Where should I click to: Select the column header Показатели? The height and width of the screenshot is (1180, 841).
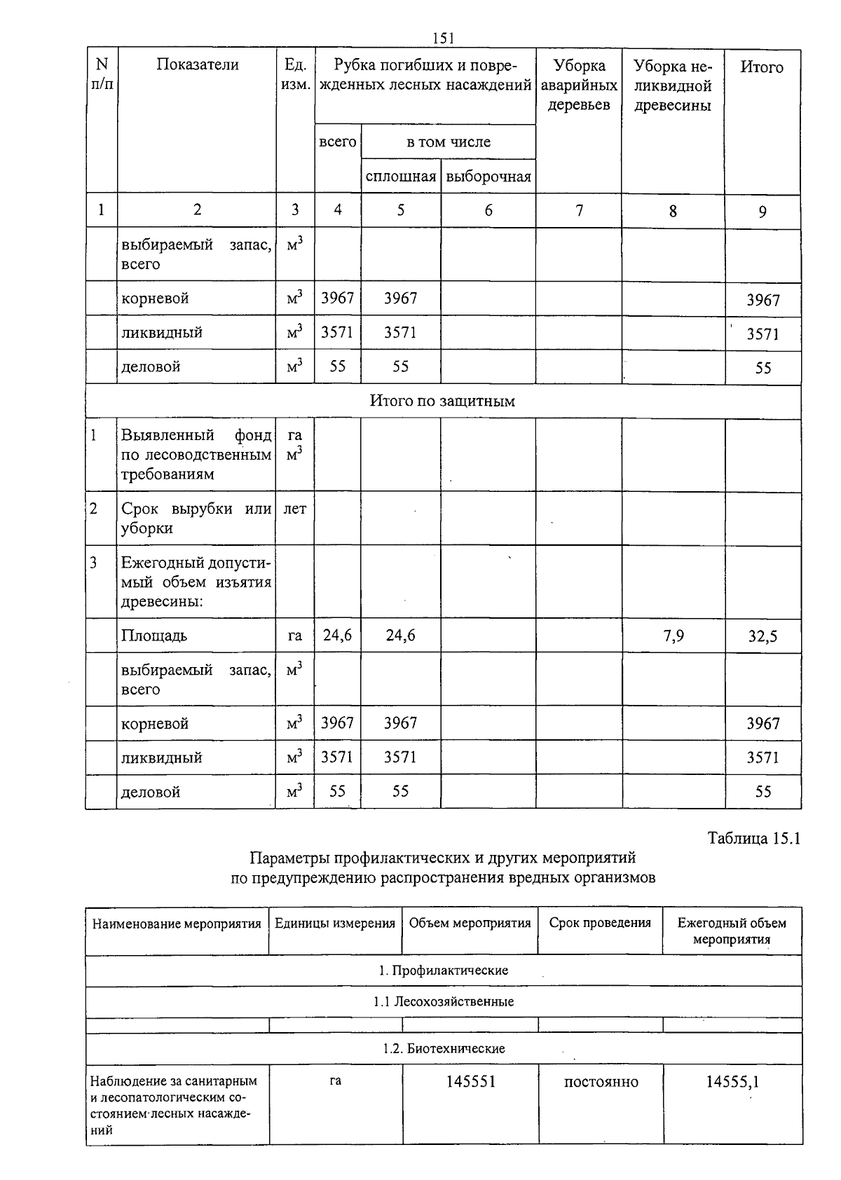(197, 65)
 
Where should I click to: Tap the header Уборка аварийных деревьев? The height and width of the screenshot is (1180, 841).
(579, 85)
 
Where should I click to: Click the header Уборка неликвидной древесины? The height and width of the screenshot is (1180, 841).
(672, 85)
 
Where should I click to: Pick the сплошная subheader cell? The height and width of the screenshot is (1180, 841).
(401, 177)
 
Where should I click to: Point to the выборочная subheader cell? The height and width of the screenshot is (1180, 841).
(488, 177)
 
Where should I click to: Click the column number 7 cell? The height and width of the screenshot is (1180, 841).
(579, 210)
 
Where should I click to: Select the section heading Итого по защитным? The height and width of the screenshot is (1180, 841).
(442, 402)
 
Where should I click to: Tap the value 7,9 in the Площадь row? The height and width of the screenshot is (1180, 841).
(673, 636)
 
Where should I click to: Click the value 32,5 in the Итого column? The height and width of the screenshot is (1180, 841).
(763, 637)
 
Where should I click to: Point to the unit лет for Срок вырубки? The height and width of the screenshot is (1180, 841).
(294, 509)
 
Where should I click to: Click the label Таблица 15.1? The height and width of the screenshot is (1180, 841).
(753, 838)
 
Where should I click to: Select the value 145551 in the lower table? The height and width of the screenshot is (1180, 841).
(471, 1081)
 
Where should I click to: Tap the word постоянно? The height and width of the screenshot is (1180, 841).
(601, 1082)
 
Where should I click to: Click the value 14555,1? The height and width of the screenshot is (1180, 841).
(732, 1082)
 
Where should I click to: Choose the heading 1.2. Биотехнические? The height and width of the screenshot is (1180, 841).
(444, 1048)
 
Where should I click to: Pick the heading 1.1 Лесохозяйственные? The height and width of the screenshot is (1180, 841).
(444, 1001)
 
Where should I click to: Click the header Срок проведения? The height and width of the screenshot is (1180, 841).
(600, 923)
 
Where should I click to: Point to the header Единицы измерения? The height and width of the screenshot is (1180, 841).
(335, 923)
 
